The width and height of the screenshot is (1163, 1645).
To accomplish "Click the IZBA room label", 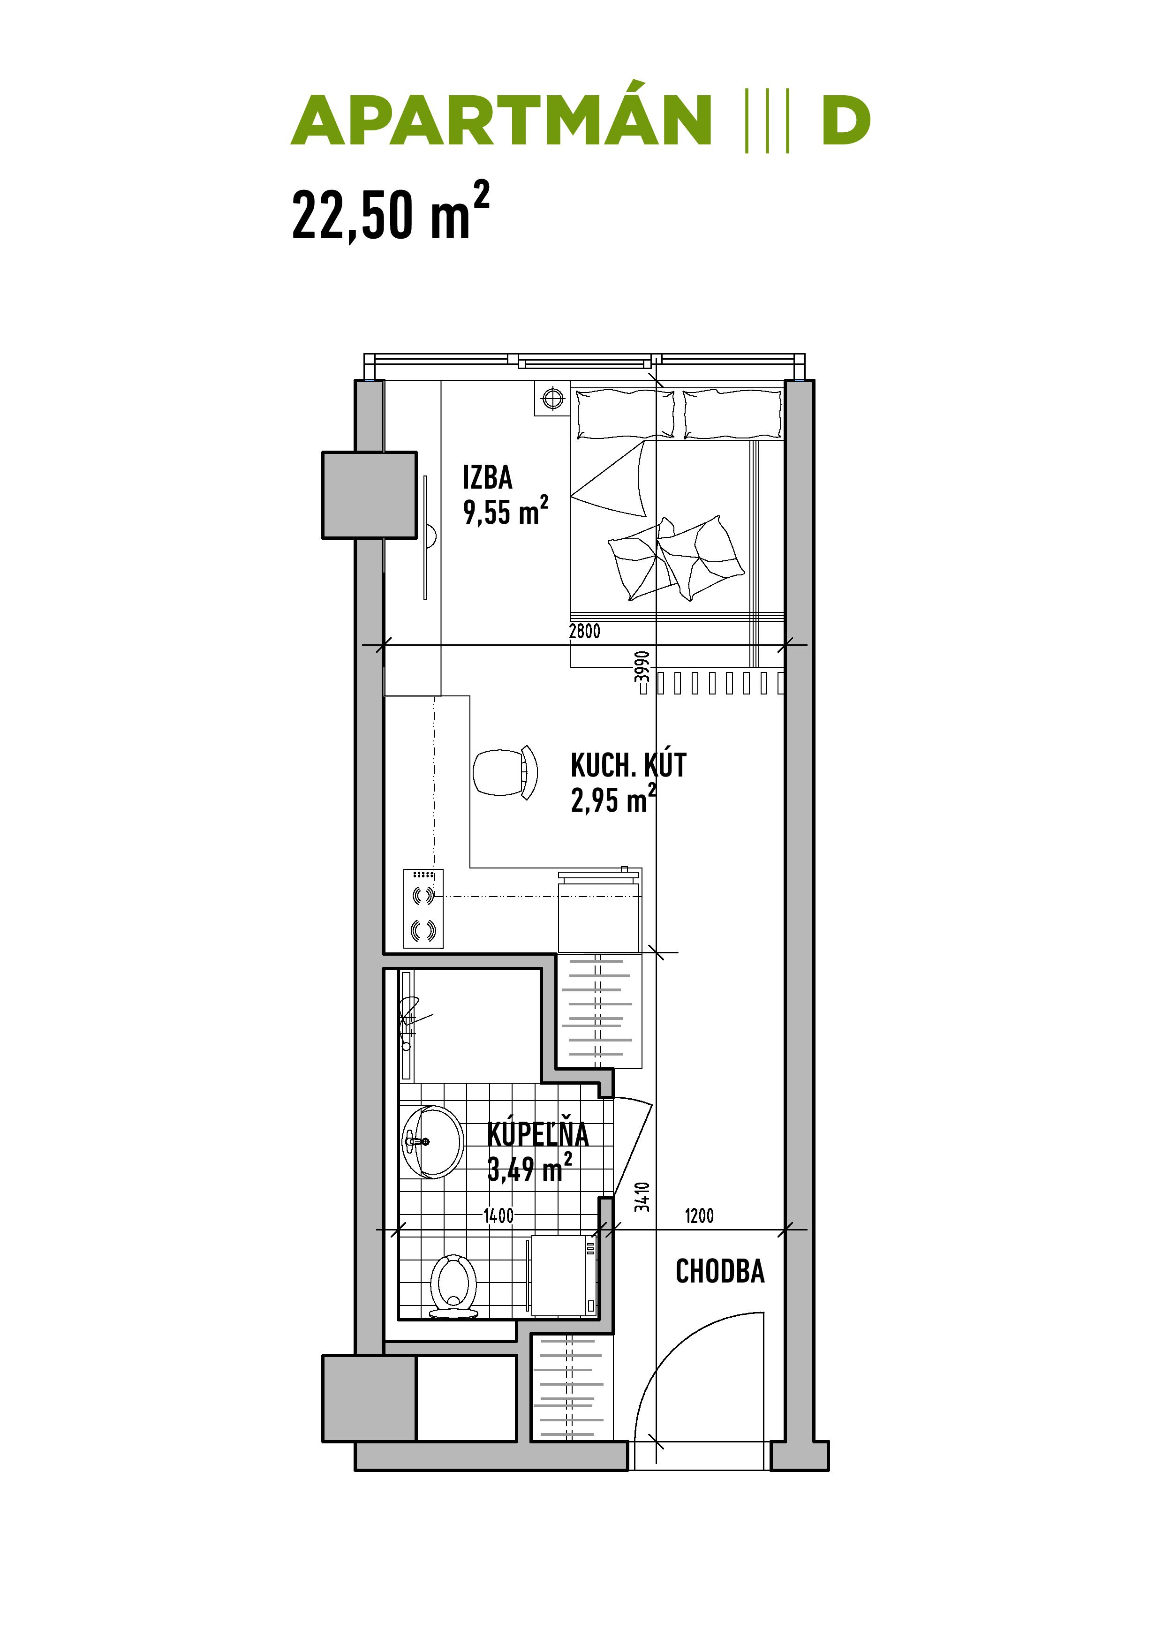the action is [x=487, y=477].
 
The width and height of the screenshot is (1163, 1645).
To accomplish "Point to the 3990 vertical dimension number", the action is [x=643, y=666].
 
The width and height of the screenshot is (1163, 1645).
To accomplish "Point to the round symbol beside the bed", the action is [x=552, y=398].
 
